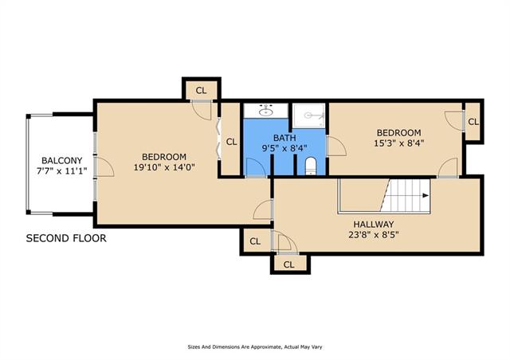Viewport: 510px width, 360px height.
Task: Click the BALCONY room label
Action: (62, 160)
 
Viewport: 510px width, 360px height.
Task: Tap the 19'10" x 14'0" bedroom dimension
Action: (164, 167)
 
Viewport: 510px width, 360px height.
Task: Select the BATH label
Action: (284, 138)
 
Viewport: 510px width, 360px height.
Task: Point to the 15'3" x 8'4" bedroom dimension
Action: (398, 143)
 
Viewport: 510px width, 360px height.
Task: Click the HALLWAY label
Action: (374, 225)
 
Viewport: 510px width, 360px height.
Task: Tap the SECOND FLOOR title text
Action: (66, 238)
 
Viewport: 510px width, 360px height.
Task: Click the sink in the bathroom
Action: (266, 112)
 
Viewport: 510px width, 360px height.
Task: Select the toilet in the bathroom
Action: (311, 166)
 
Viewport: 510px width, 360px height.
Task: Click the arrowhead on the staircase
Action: (426, 195)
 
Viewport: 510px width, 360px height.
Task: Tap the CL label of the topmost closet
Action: (202, 91)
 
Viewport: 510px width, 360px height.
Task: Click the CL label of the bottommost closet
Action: (288, 264)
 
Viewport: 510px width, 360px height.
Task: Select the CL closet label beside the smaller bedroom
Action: (473, 122)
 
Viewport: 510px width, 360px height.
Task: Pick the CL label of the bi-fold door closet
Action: (232, 142)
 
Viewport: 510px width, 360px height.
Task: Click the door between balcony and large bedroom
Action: (104, 166)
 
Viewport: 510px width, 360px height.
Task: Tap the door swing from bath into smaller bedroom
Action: (336, 147)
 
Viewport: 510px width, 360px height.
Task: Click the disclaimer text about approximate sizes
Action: (255, 347)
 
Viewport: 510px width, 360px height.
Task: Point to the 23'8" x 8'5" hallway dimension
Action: (374, 234)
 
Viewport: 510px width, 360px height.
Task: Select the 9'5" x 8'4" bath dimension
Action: (284, 148)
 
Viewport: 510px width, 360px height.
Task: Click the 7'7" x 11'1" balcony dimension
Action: (62, 170)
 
